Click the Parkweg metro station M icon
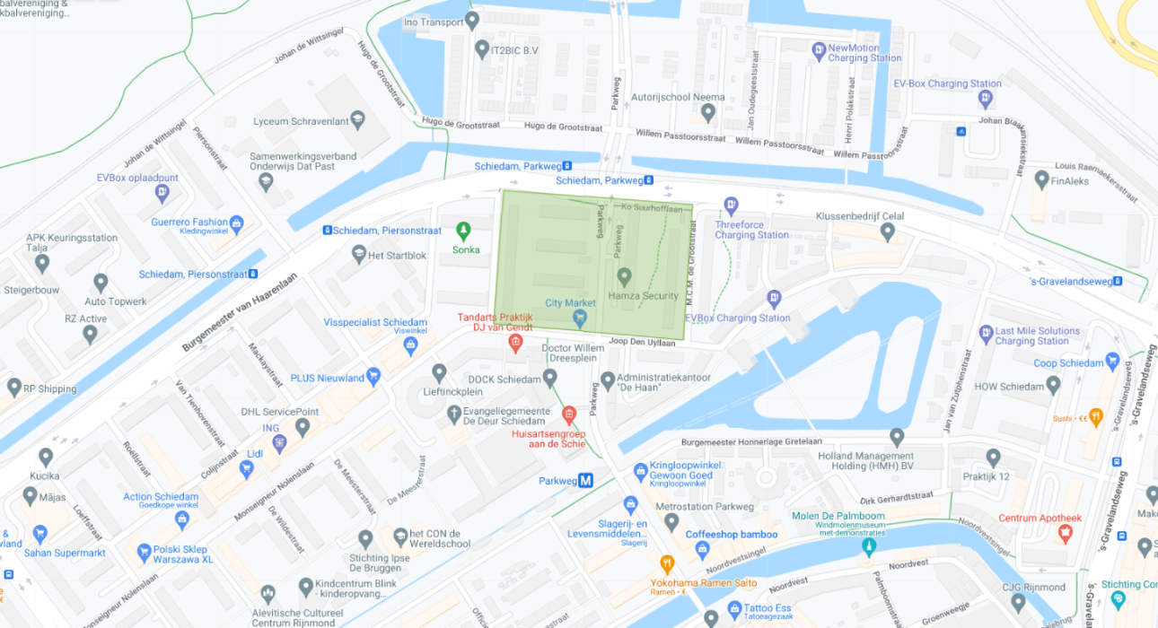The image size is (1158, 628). click(x=585, y=480)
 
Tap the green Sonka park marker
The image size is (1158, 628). click(x=463, y=231)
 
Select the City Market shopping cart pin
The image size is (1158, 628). click(x=580, y=318)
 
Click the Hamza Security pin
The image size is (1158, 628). click(x=624, y=276)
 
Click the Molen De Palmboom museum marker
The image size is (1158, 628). click(x=867, y=545)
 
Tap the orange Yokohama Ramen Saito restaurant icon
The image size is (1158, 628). click(x=666, y=564)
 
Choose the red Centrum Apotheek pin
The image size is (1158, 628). click(x=1065, y=534)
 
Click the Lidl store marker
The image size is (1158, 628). click(x=247, y=469)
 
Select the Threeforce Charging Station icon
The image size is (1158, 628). click(x=731, y=206)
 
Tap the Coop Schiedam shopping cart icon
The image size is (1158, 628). click(x=1113, y=362)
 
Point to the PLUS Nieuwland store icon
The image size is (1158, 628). click(x=373, y=377)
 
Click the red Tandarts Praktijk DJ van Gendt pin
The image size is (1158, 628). click(x=515, y=343)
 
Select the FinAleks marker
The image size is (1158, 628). click(x=1041, y=179)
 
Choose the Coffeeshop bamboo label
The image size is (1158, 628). click(x=732, y=535)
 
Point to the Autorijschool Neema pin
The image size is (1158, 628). click(x=707, y=113)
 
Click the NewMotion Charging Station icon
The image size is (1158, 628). click(x=818, y=52)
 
